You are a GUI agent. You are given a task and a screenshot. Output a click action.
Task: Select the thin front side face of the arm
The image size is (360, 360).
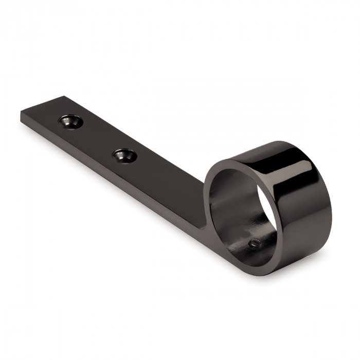pyautogui.click(x=103, y=170)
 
